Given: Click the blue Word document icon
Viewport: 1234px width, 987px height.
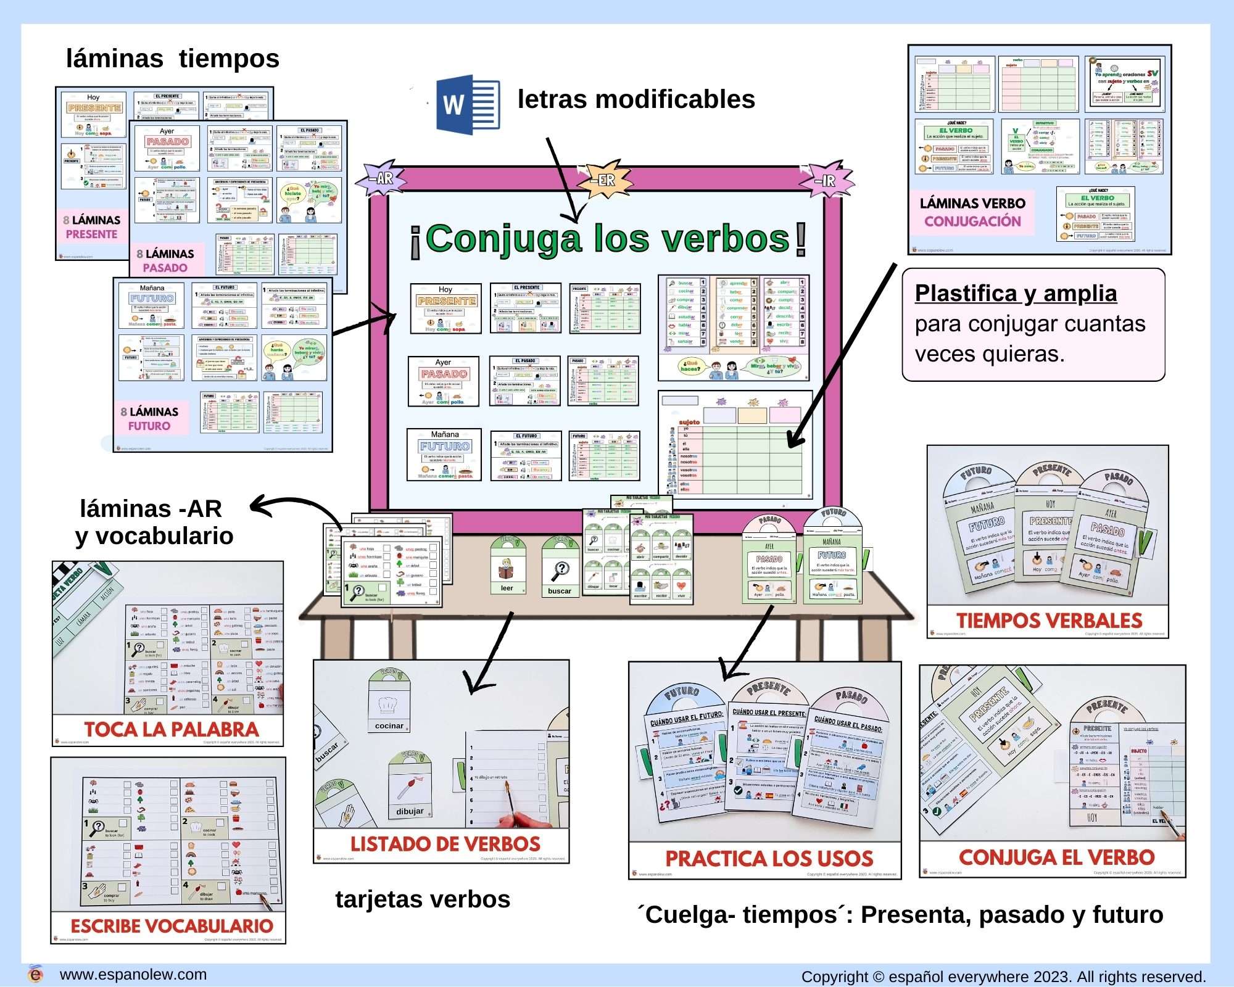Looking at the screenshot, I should [x=468, y=104].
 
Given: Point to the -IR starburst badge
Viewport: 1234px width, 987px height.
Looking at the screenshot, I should [x=827, y=180].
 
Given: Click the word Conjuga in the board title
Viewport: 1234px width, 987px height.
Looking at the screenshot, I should [x=503, y=239].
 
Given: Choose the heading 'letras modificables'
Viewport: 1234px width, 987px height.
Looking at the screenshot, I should [x=636, y=99].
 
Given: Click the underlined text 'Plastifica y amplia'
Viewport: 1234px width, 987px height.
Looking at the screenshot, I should [x=1016, y=294].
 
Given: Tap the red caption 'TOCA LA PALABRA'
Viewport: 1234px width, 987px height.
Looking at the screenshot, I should [x=171, y=729].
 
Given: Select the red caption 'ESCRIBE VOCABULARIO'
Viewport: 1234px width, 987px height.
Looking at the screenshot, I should [x=172, y=926].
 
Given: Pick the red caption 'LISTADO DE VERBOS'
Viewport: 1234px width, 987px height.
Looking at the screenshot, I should [x=445, y=844].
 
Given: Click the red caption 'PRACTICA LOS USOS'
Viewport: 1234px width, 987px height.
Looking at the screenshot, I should [x=769, y=859].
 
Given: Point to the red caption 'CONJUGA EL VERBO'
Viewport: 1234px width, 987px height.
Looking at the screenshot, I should [x=1056, y=857].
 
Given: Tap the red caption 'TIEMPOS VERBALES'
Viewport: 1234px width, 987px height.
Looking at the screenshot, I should [x=1049, y=621].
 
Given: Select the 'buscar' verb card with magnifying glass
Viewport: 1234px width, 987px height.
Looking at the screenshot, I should [x=560, y=567].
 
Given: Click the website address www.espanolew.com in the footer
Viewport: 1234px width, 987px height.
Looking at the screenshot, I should [x=133, y=975].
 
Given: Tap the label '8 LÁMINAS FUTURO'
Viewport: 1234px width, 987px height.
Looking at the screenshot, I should [x=149, y=419].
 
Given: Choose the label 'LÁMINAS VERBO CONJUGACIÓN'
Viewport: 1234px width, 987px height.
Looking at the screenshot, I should [x=972, y=212].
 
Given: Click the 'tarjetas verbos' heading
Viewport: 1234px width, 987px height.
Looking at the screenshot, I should [x=423, y=899].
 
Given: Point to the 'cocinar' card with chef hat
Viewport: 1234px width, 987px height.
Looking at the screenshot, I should [x=389, y=703].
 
